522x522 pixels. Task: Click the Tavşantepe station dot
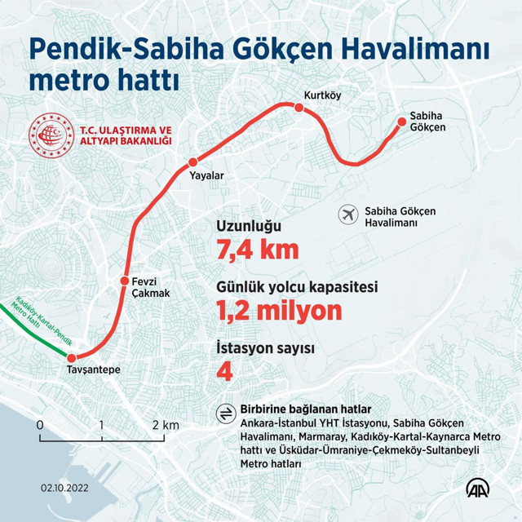[71, 358]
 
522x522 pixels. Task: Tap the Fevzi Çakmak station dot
[125, 278]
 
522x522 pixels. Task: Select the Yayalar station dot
[193, 161]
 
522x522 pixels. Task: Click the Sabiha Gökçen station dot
[401, 122]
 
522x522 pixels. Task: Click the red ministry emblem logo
[51, 135]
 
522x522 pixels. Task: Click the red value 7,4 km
[257, 250]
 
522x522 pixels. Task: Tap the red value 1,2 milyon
[278, 310]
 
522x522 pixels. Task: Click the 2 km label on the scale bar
[166, 425]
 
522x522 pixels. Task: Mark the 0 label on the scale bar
[39, 425]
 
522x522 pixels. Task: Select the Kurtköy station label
[321, 95]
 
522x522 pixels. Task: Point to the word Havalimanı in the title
[408, 51]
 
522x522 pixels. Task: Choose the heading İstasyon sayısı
[265, 348]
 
